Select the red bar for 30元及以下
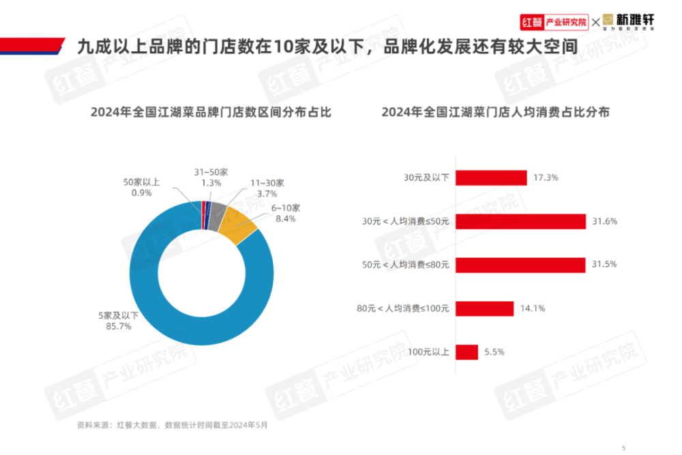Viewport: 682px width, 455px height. point(491,177)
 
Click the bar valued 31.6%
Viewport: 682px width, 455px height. point(521,221)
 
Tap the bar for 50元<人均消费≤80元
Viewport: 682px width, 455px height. point(520,265)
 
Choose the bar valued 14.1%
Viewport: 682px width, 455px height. point(484,308)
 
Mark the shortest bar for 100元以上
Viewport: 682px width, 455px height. point(466,352)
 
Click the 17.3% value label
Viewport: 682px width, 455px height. point(546,177)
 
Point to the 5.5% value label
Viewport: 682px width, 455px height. point(494,352)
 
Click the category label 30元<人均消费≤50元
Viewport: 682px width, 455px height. point(406,221)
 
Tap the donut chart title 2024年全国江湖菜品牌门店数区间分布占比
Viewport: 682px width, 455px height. point(210,112)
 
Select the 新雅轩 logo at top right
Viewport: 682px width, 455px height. point(628,23)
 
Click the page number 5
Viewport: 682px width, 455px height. point(623,447)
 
